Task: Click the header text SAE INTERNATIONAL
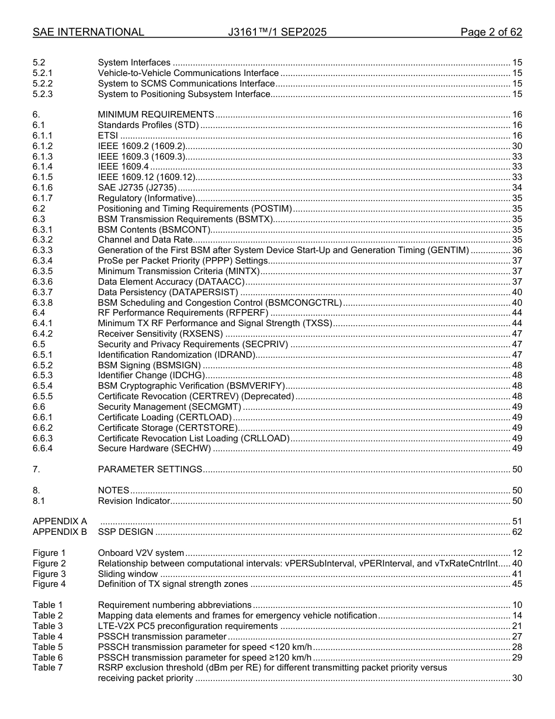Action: click(88, 32)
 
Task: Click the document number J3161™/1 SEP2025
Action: click(277, 32)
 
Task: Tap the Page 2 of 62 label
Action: click(491, 32)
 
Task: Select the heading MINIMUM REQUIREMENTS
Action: click(156, 115)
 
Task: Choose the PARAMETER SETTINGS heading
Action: click(150, 469)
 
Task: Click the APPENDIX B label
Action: click(60, 532)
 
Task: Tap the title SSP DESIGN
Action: click(126, 532)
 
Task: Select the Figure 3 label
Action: click(49, 574)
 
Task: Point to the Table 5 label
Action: click(47, 647)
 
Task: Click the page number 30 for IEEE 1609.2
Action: click(516, 146)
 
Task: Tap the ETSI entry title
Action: click(108, 136)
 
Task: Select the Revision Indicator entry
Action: click(134, 501)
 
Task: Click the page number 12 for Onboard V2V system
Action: click(516, 553)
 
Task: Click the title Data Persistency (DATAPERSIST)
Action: click(168, 292)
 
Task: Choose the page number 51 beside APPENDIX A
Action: click(516, 521)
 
